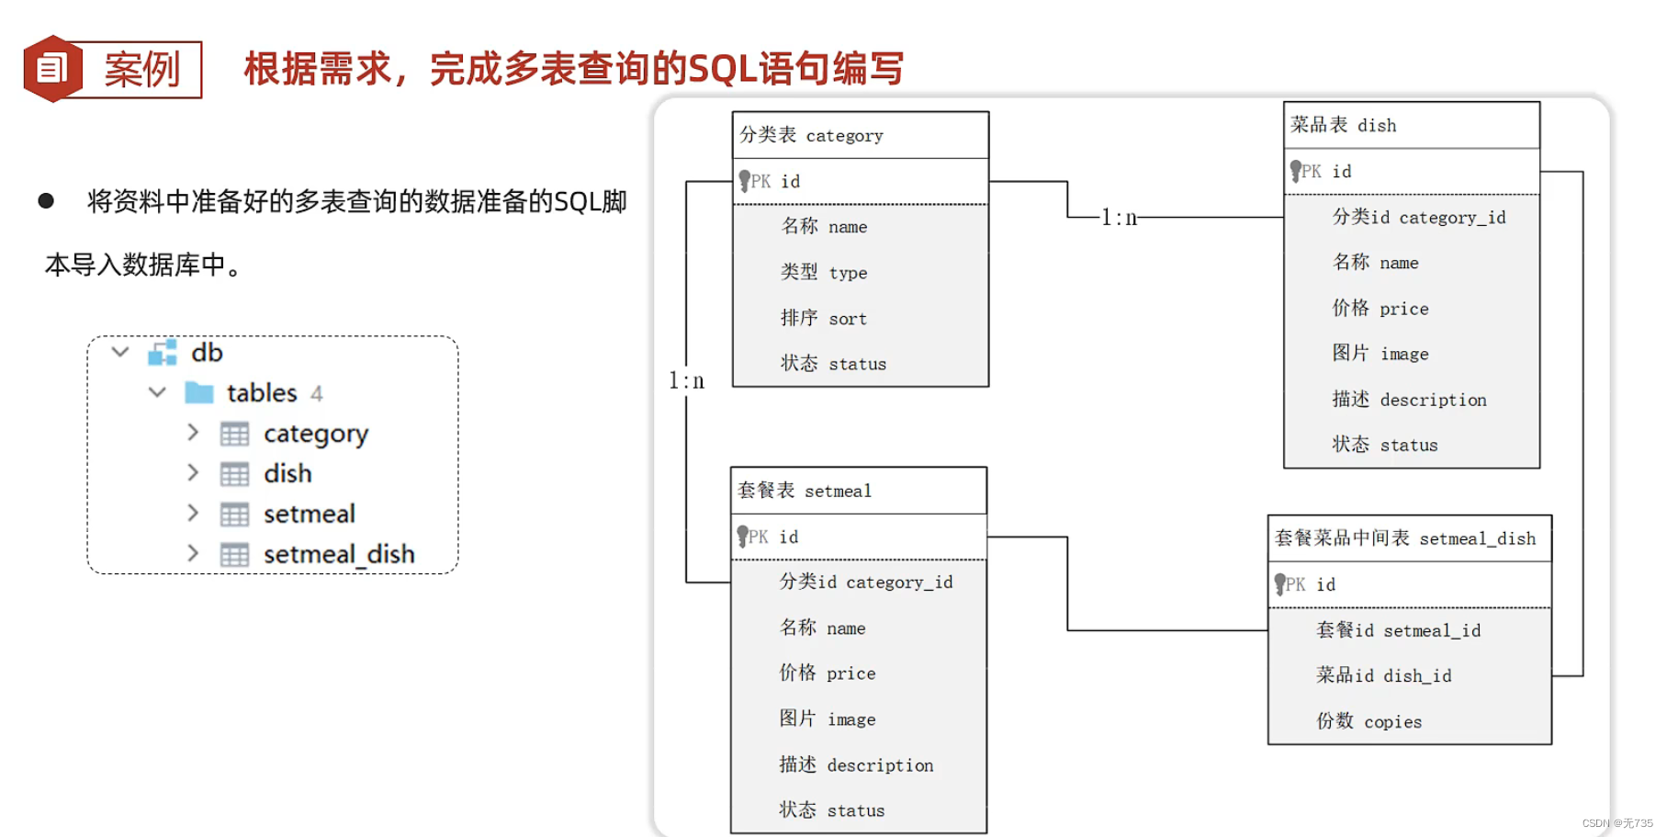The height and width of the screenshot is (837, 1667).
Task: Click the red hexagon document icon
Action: pos(52,69)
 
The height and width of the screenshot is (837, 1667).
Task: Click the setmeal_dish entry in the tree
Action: pos(338,554)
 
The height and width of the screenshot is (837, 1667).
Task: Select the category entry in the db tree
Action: pos(315,434)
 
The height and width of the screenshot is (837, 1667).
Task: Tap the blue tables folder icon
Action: pos(198,393)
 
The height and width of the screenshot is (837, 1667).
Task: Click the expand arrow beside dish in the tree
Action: pos(193,473)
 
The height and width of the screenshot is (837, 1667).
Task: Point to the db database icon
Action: pos(163,353)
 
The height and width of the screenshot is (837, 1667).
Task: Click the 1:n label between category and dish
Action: pos(1119,218)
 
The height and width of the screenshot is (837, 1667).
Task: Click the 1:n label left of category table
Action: pos(686,380)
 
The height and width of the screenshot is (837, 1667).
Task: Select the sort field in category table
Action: pos(824,318)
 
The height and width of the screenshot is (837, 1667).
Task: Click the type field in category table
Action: pos(824,273)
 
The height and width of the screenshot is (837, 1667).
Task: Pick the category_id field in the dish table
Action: pos(1418,218)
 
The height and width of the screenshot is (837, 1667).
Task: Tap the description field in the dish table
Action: pos(1409,400)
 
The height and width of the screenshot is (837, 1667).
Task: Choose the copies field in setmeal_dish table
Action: pos(1369,721)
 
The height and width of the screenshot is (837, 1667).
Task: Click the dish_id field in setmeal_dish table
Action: pos(1383,675)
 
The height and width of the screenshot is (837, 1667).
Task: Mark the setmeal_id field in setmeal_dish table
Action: pos(1398,630)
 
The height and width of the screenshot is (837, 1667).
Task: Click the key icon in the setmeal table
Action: pos(743,537)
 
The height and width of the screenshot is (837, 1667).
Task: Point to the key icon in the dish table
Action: pos(1296,172)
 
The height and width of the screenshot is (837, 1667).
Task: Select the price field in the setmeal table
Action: pos(827,673)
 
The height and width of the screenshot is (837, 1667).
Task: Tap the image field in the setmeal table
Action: pos(827,719)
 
